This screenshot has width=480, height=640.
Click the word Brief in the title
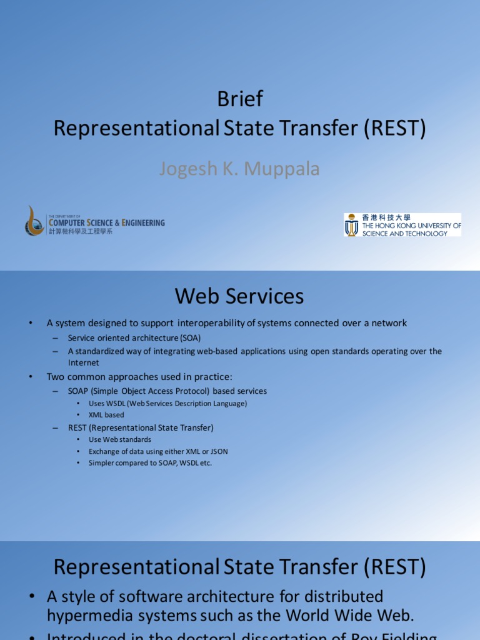(x=240, y=99)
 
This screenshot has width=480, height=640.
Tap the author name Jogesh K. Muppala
(x=240, y=169)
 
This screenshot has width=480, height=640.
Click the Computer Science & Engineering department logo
(x=94, y=222)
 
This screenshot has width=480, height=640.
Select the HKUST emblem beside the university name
(x=352, y=224)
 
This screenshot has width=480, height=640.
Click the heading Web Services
(x=239, y=296)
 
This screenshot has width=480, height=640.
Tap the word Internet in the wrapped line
(x=83, y=362)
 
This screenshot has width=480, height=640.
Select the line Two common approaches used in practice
(x=139, y=377)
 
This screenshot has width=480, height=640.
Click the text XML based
(x=106, y=415)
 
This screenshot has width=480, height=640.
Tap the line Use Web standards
(x=120, y=439)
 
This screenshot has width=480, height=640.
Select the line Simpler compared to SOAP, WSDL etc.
(x=150, y=463)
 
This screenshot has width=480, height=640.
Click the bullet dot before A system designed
(x=30, y=323)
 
